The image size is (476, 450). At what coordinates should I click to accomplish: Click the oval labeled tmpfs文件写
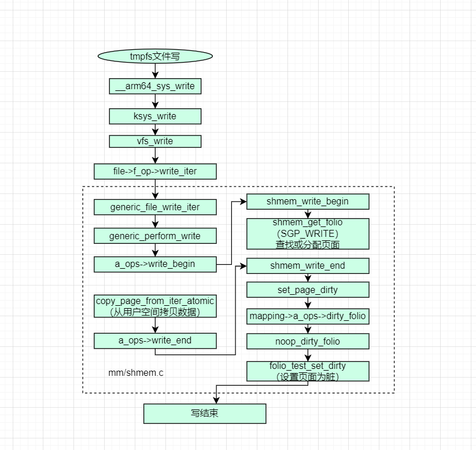[155, 56]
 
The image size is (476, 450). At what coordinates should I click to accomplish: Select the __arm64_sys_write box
[155, 86]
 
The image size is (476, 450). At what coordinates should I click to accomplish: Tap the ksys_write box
[155, 116]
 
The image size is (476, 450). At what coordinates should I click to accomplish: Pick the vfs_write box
[155, 141]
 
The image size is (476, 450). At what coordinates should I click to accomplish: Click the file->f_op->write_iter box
[155, 171]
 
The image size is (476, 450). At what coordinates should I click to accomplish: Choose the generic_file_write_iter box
[155, 207]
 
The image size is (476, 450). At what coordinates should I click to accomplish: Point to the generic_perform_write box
[155, 236]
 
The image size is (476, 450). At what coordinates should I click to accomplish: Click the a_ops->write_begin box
[155, 264]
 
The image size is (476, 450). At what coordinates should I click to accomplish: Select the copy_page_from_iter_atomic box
[155, 306]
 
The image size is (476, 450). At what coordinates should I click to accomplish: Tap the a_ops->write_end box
[155, 341]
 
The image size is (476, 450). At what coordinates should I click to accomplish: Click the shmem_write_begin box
[308, 202]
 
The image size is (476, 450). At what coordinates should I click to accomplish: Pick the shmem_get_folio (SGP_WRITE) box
[308, 234]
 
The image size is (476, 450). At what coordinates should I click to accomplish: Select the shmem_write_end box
[308, 266]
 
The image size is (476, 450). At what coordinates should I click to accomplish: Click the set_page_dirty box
[308, 290]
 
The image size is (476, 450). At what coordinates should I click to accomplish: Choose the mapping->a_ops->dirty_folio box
[308, 316]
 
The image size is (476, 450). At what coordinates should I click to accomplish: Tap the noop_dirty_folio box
[308, 342]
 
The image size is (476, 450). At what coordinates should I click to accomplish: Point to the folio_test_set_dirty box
[308, 371]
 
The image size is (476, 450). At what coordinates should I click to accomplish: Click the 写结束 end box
[205, 414]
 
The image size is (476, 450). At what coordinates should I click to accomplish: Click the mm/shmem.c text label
[136, 372]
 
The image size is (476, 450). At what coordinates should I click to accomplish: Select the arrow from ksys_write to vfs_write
[155, 130]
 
